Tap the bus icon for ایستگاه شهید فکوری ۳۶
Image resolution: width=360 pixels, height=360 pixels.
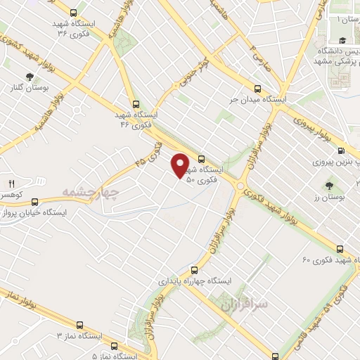[x=75, y=12]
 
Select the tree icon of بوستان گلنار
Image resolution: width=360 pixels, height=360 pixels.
[x=30, y=77]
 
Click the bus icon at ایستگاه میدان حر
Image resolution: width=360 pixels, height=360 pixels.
[x=257, y=89]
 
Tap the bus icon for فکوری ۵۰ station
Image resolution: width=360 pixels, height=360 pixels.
[x=202, y=159]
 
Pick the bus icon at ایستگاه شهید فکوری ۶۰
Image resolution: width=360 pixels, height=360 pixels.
[x=340, y=249]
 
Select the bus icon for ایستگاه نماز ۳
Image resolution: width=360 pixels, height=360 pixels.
[x=79, y=326]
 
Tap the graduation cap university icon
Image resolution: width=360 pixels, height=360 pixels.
[x=342, y=41]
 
